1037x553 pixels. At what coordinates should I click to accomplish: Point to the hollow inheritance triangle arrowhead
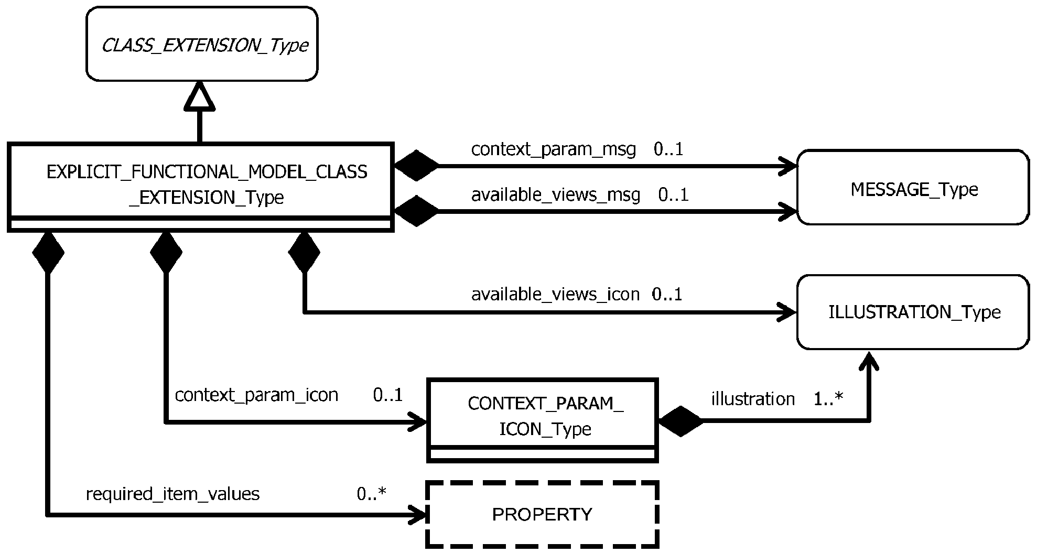click(200, 96)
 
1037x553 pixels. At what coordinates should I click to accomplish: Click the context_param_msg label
click(554, 150)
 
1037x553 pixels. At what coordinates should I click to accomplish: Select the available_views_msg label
click(556, 196)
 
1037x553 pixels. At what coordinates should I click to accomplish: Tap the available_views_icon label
click(555, 295)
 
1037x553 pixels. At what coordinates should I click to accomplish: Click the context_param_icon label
click(256, 395)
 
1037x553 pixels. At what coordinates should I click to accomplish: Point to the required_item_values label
click(172, 494)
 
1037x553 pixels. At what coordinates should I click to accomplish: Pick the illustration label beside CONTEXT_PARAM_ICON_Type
click(753, 399)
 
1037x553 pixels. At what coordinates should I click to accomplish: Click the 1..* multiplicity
click(828, 399)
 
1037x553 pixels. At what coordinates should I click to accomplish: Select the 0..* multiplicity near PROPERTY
click(372, 494)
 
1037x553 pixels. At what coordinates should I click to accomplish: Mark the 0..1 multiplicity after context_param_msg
click(668, 149)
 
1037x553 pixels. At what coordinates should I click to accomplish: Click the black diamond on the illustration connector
click(680, 421)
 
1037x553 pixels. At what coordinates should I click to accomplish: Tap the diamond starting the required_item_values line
click(48, 253)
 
